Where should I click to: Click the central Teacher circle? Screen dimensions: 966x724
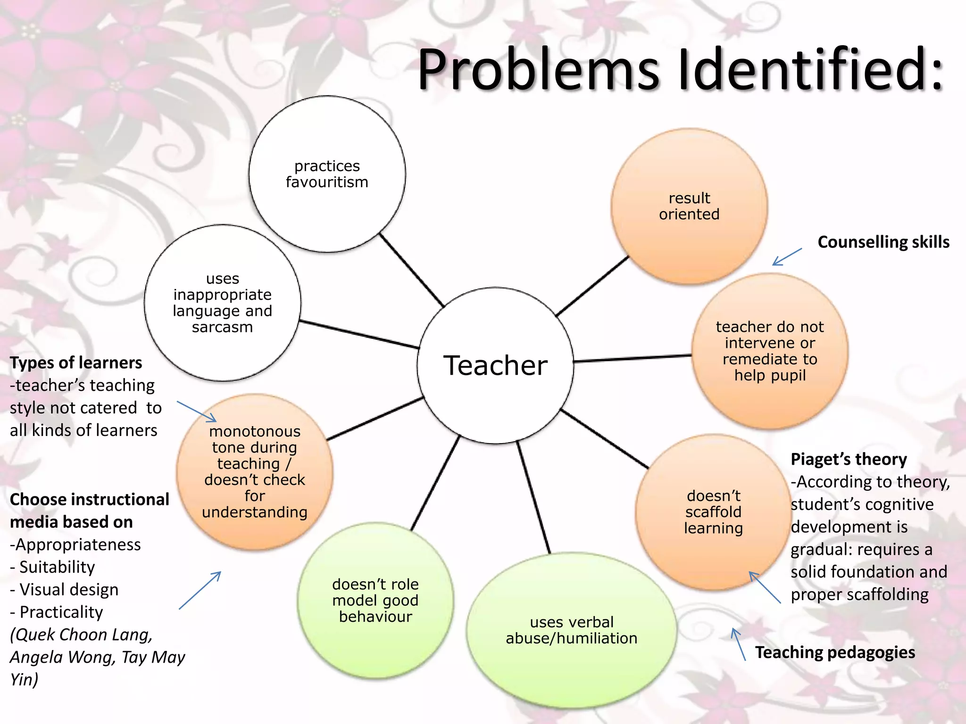coord(495,365)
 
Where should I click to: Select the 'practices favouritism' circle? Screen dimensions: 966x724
coord(327,174)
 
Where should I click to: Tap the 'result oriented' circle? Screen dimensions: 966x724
coord(689,206)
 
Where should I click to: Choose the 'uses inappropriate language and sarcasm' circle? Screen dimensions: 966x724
coord(222,303)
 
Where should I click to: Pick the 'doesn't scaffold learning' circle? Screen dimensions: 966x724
coord(713,512)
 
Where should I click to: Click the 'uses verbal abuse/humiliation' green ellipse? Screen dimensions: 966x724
coord(571,630)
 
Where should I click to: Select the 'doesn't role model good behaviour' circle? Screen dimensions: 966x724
coord(375,600)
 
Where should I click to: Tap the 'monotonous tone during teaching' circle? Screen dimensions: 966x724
coord(255,471)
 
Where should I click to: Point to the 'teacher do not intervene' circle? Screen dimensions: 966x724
coord(770,351)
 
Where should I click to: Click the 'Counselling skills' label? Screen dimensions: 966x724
coord(883,242)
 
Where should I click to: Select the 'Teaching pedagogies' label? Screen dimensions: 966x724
coord(835,652)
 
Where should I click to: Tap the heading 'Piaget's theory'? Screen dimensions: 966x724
coord(849,459)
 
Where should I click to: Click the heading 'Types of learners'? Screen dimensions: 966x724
coord(76,362)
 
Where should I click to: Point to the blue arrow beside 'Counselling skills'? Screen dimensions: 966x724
coord(787,257)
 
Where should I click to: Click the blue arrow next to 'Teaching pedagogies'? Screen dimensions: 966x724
coord(738,644)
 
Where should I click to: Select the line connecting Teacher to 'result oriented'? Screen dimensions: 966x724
coord(592,286)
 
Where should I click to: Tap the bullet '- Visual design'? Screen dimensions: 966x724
coord(65,590)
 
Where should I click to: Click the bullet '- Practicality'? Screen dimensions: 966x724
coord(57,612)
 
